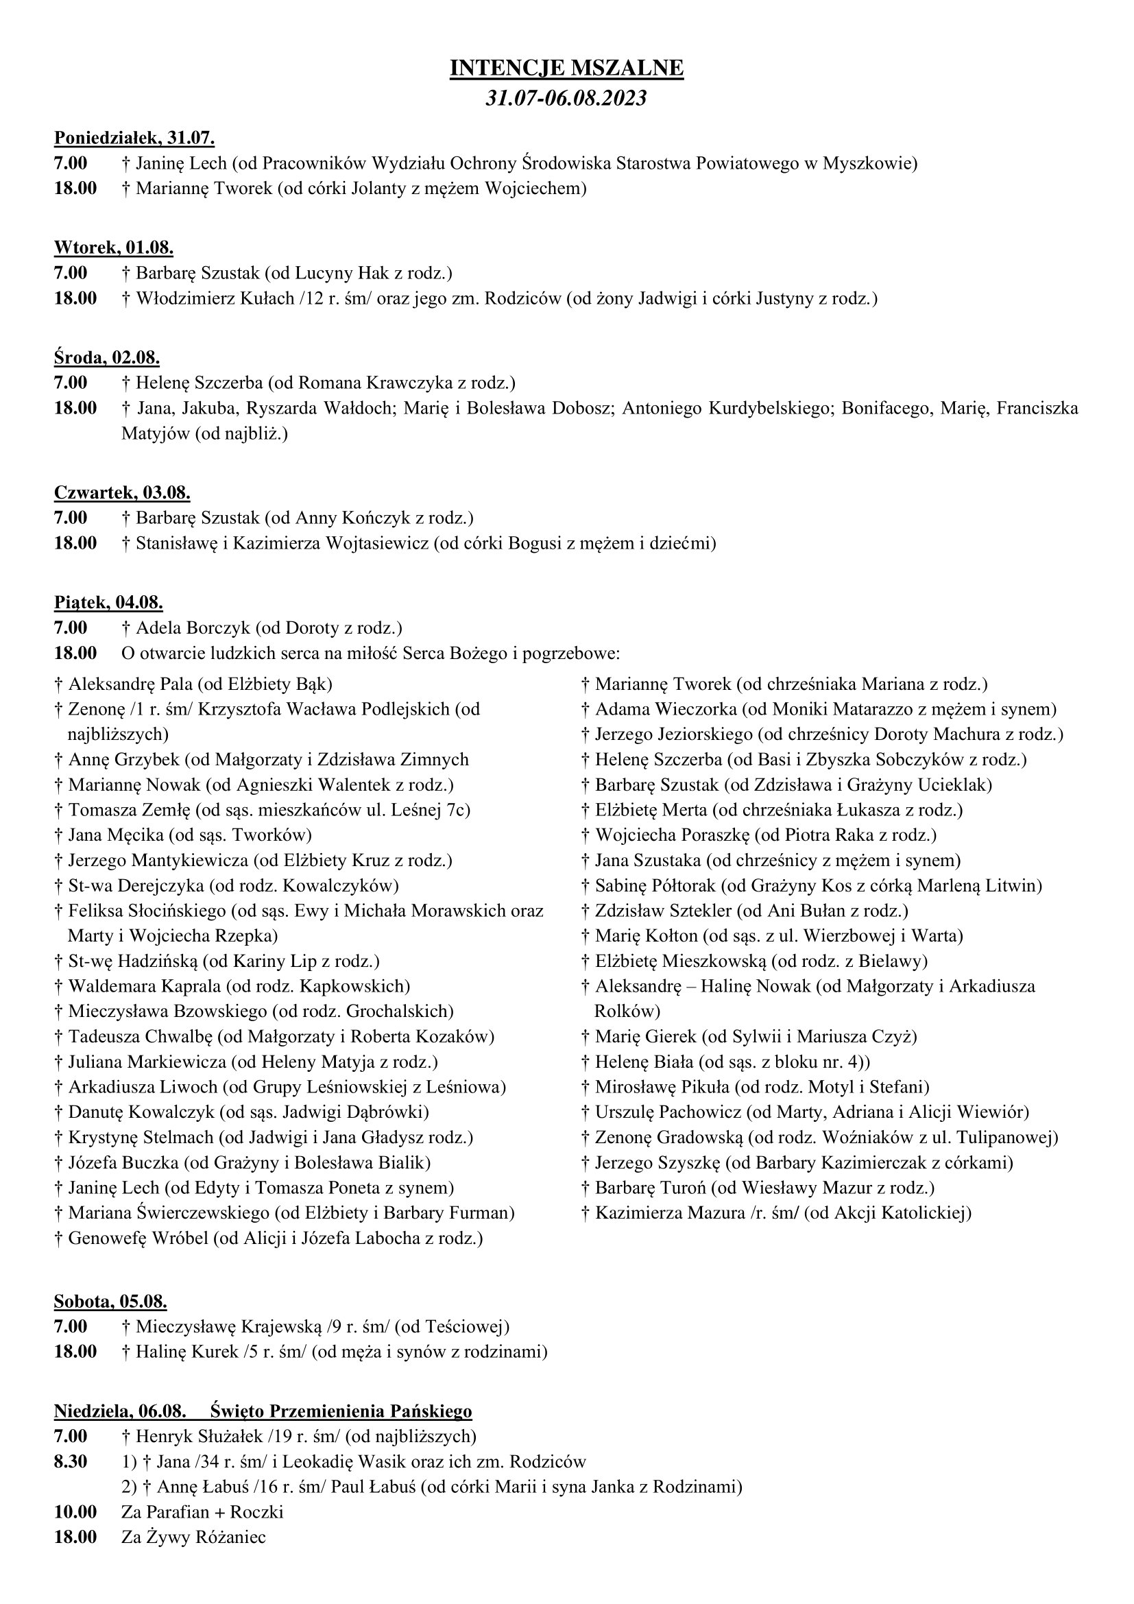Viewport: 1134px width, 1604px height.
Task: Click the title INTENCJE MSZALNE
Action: (566, 68)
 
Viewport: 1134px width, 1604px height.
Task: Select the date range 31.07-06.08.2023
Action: (566, 98)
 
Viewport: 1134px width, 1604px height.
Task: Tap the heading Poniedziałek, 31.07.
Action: (134, 138)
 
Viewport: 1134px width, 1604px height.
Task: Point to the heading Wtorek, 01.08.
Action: (114, 248)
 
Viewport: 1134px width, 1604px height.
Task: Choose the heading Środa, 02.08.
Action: (107, 358)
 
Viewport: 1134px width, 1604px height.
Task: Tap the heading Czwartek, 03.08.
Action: (122, 492)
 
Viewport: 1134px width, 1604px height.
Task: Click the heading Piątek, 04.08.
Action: (108, 602)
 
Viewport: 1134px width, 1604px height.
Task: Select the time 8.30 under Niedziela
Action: (71, 1461)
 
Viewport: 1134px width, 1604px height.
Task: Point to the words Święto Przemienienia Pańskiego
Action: (341, 1411)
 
